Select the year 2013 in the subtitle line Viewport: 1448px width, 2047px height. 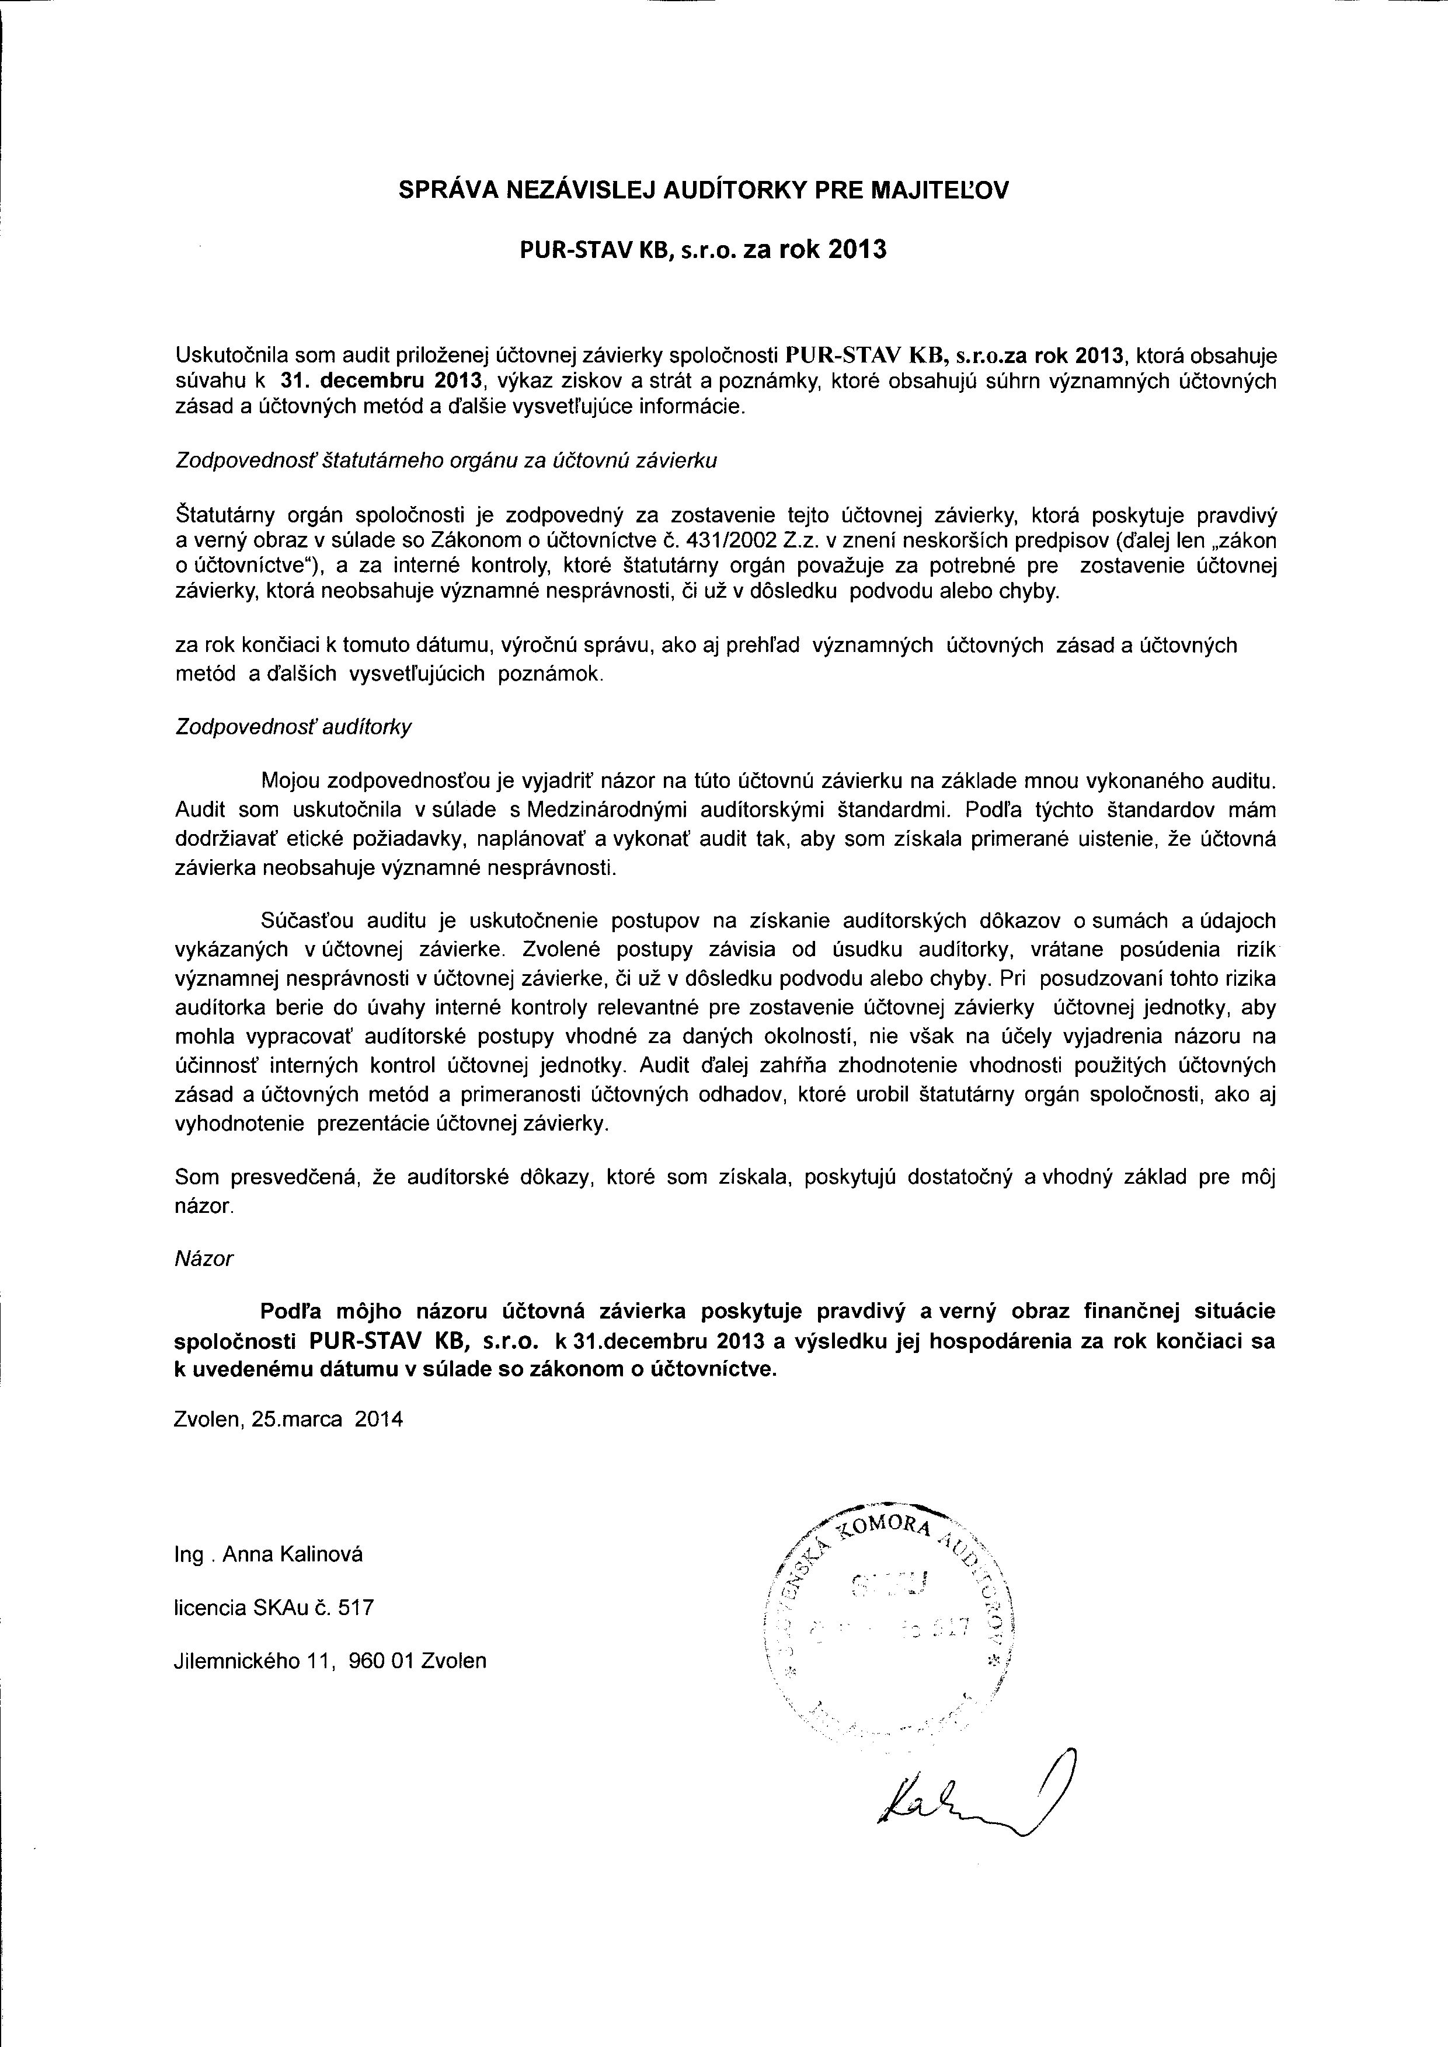[857, 250]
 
